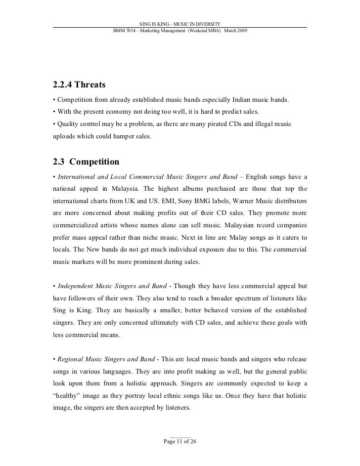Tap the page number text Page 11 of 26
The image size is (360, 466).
point(180,441)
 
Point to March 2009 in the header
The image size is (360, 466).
point(236,31)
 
